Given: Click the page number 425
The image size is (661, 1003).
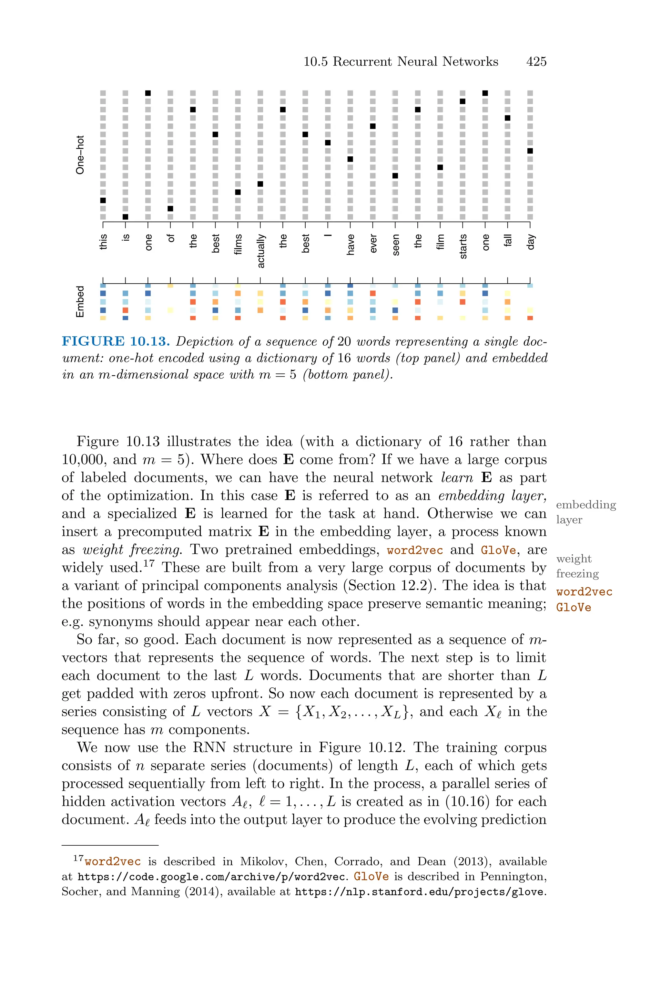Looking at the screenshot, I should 536,62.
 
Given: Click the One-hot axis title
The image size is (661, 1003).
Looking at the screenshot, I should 80,155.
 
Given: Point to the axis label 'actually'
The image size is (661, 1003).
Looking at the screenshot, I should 261,251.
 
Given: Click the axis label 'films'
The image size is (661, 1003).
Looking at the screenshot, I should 238,244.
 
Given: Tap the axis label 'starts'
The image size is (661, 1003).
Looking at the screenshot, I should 463,246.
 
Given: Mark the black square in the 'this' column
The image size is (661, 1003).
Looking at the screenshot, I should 103,200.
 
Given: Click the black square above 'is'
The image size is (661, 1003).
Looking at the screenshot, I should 125,217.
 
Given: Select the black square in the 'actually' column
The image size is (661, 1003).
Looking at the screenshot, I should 260,184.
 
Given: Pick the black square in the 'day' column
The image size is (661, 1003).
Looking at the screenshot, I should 530,151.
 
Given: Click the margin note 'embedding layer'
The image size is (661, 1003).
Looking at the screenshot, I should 585,512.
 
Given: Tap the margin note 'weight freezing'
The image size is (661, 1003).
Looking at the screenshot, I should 577,566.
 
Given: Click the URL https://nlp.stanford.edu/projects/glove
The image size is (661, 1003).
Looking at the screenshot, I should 419,892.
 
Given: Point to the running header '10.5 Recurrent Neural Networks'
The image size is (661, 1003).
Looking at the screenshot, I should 401,62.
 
